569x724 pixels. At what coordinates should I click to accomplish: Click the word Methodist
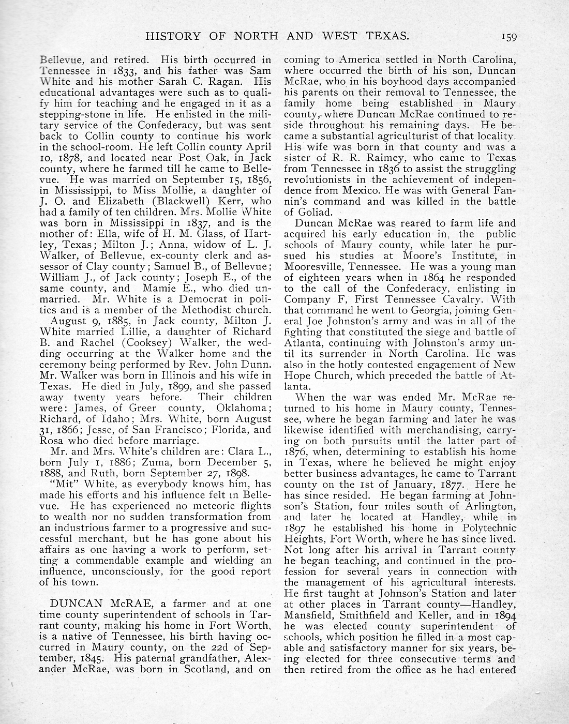199,310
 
